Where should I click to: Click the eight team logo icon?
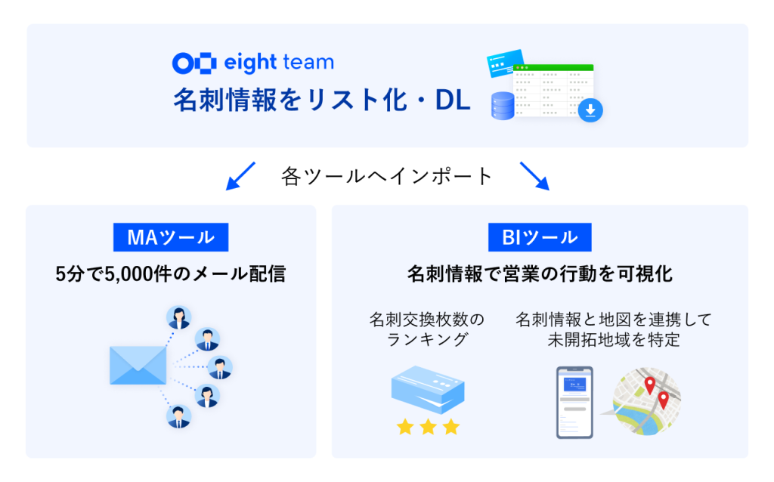[x=194, y=63]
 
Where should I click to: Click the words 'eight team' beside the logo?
[x=279, y=63]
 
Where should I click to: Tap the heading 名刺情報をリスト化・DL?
[x=322, y=100]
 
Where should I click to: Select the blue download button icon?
[x=590, y=110]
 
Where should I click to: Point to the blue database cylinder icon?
[x=503, y=106]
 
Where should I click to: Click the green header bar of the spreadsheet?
[x=553, y=67]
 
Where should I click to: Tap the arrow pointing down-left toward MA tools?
[x=240, y=176]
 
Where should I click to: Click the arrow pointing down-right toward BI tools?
[x=534, y=176]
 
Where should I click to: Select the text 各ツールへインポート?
[x=387, y=176]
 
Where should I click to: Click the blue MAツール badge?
[x=171, y=237]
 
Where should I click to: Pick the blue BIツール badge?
[x=540, y=237]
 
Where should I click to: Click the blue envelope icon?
[x=138, y=366]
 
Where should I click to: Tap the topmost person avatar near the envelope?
[x=178, y=317]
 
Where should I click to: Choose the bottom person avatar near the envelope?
[x=178, y=416]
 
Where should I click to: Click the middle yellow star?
[x=428, y=427]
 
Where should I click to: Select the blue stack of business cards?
[x=428, y=390]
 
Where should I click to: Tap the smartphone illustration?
[x=574, y=403]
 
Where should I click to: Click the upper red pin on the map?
[x=650, y=385]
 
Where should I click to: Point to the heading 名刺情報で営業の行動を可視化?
[x=540, y=273]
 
